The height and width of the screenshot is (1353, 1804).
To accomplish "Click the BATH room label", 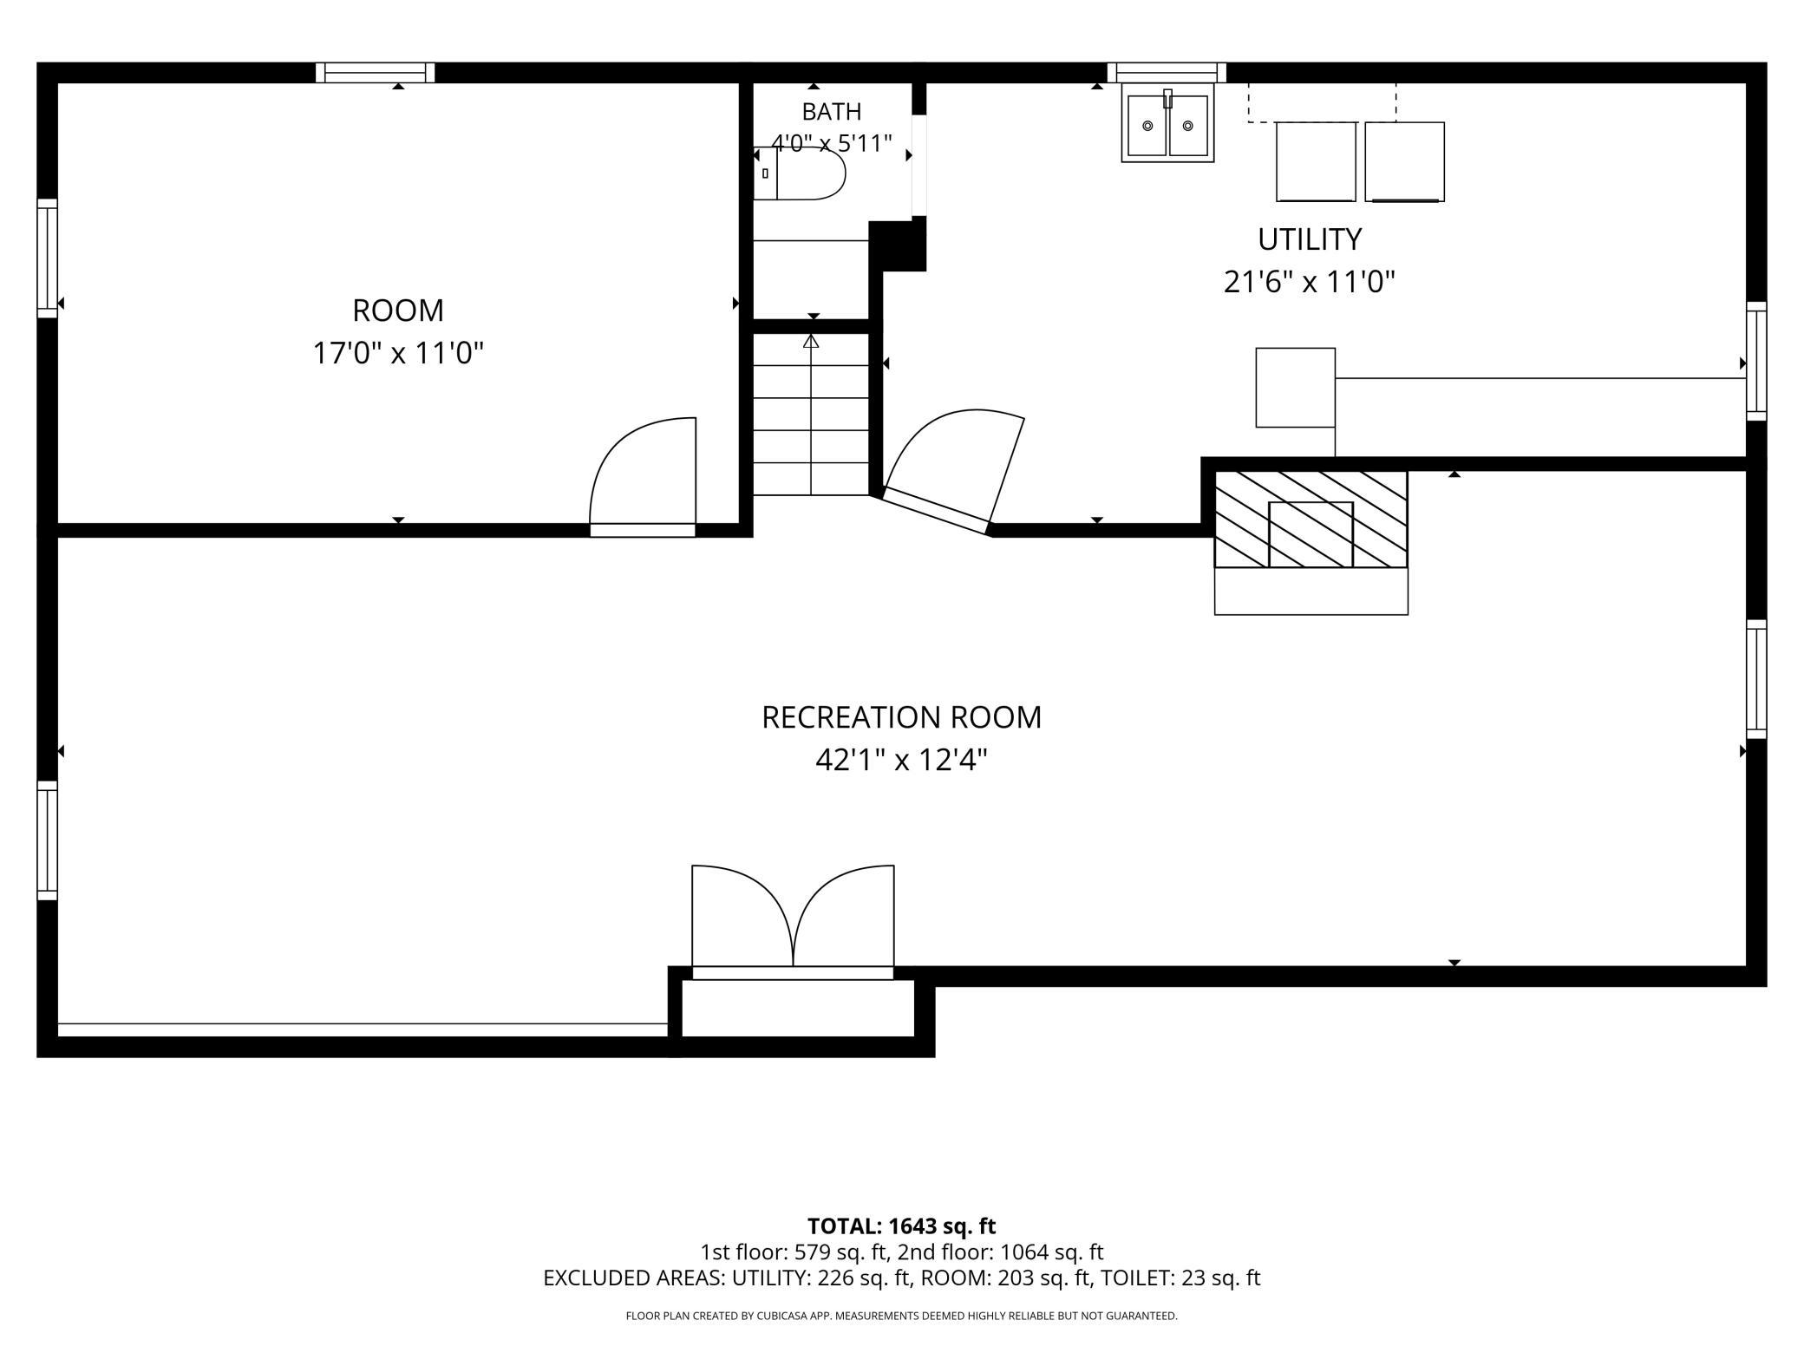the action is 831,112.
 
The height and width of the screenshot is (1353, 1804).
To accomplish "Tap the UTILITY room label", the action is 1310,239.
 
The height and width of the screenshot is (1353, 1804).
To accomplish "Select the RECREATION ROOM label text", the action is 901,717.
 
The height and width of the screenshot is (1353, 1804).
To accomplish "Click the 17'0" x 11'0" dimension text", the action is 398,353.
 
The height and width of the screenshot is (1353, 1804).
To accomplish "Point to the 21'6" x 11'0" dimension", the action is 1310,282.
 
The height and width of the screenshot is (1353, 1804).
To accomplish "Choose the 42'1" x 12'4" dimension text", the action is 901,761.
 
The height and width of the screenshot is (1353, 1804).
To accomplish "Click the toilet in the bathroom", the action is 799,173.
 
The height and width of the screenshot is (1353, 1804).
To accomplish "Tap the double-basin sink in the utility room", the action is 1167,123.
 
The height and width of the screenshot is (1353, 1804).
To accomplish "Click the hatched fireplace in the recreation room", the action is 1311,520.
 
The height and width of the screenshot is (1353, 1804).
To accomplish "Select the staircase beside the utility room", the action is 811,415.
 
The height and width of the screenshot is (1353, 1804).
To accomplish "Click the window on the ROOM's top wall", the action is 375,73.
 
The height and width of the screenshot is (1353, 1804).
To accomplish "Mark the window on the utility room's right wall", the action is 1756,361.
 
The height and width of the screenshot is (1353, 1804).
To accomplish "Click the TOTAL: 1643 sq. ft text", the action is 901,1226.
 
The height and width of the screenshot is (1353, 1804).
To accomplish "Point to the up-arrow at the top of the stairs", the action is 811,341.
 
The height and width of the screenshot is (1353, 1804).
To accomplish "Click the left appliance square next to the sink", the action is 1316,161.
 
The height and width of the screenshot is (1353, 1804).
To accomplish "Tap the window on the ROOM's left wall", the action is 47,258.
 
